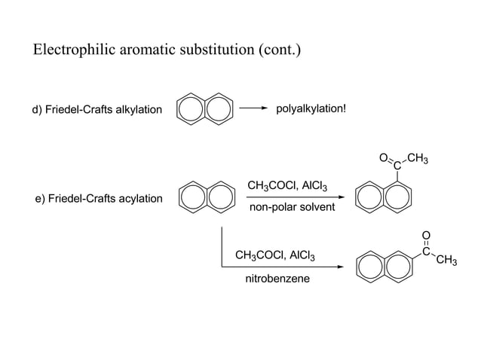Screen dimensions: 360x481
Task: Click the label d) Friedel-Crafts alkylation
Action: [x=97, y=110]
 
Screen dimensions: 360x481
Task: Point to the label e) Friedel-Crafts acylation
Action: [x=99, y=199]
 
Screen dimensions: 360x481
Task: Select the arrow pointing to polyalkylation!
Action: [x=253, y=108]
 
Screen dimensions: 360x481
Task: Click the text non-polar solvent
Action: [x=292, y=206]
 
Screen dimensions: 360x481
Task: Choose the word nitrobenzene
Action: [x=277, y=279]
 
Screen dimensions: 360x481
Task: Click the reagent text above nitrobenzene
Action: [x=275, y=256]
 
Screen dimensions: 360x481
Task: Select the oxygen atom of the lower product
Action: [x=425, y=235]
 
